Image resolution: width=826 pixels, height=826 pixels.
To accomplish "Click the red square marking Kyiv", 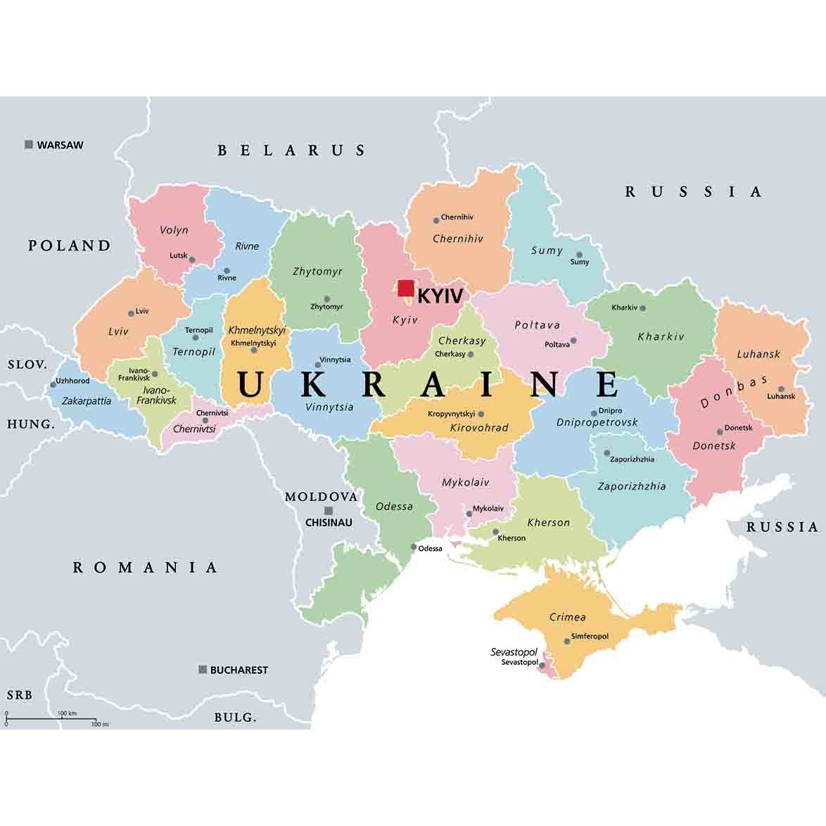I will coord(406,288).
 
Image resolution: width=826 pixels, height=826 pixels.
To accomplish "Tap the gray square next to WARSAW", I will coord(29,145).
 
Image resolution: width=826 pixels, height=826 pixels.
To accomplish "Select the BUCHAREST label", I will coord(239,670).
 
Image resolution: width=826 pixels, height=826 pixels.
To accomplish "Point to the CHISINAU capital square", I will coord(329,511).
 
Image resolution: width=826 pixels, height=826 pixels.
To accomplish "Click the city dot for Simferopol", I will coord(567,641).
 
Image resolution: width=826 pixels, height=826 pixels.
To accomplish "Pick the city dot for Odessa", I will coord(414,547).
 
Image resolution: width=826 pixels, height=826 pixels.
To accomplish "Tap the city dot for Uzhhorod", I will coord(53,384).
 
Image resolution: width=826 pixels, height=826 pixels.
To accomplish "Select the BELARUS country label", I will coord(291,150).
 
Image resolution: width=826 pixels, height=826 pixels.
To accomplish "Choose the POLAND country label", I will coord(70,246).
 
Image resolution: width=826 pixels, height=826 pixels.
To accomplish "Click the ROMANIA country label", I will coord(146,567).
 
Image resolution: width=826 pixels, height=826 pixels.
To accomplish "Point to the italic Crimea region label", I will coord(567,617).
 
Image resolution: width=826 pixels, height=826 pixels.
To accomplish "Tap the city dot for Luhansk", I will coord(781,388).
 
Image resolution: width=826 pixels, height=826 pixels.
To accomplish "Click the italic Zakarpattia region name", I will coord(87,400).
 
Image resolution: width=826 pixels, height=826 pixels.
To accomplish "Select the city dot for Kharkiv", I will coord(642,308).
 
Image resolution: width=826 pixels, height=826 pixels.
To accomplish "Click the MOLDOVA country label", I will coord(321,497).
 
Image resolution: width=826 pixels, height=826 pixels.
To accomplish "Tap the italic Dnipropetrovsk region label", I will coord(597,422).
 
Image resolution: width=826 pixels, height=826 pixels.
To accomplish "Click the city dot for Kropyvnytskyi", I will coord(481,414).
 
